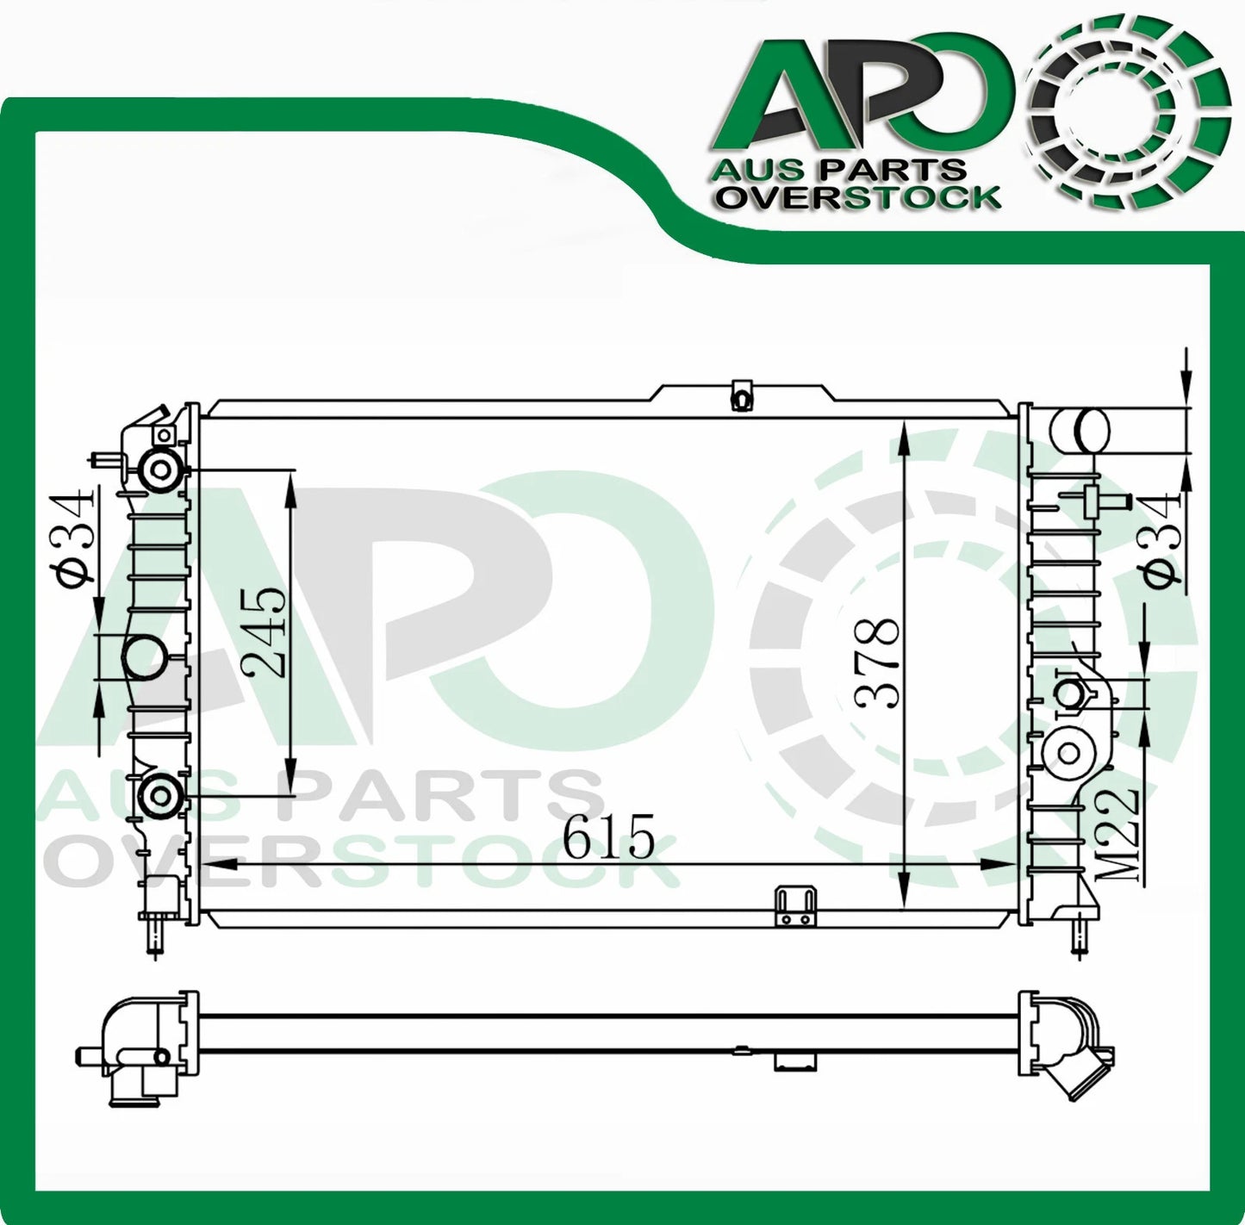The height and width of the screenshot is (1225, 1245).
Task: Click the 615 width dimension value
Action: coord(609,835)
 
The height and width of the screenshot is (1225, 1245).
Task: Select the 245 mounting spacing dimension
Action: coord(265,633)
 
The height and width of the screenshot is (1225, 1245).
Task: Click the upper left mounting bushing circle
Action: coord(161,470)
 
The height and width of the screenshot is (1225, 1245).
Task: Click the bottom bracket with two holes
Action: coord(794,908)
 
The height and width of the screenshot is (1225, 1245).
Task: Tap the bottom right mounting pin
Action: coord(1076,934)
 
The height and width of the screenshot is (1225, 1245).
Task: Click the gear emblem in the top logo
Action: coord(1130,102)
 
